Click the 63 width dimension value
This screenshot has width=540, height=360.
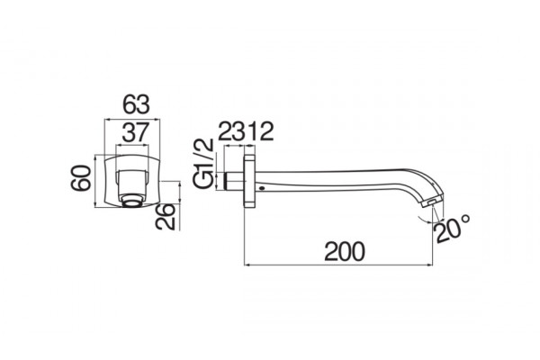click(x=137, y=104)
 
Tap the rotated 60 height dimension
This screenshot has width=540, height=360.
click(x=81, y=178)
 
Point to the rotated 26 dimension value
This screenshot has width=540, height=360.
click(x=166, y=216)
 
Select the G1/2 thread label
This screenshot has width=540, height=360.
click(x=203, y=163)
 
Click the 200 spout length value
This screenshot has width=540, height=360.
click(x=344, y=251)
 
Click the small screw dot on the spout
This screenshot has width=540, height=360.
click(x=263, y=188)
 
